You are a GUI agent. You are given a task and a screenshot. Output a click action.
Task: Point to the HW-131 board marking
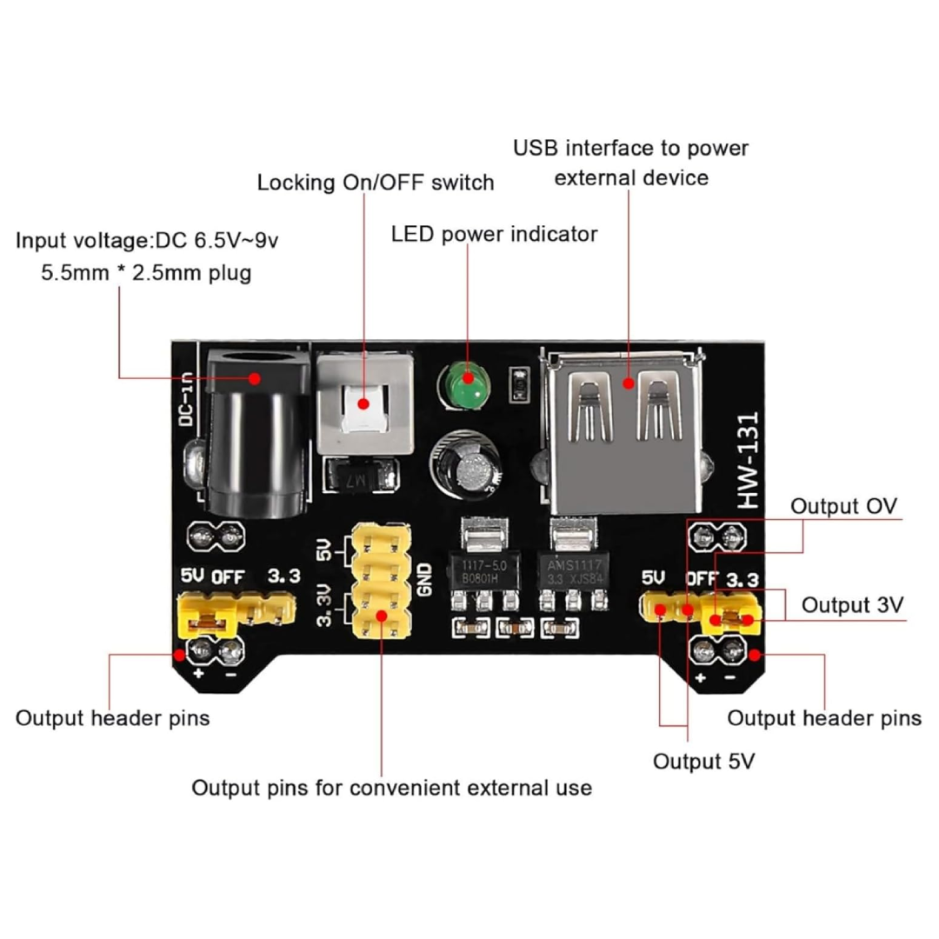pyautogui.click(x=746, y=461)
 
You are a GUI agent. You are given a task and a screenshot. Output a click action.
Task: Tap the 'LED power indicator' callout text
pyautogui.click(x=494, y=234)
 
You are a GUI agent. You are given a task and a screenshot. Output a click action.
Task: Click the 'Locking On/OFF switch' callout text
pyautogui.click(x=376, y=183)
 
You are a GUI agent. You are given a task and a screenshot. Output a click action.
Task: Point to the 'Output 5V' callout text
pyautogui.click(x=704, y=762)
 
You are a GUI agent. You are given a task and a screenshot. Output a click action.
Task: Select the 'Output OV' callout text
pyautogui.click(x=843, y=506)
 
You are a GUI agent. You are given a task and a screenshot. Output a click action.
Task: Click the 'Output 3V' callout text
pyautogui.click(x=852, y=604)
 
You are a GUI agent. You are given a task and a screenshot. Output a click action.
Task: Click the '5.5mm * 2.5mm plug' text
pyautogui.click(x=147, y=273)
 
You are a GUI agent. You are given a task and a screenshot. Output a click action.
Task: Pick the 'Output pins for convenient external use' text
pyautogui.click(x=391, y=788)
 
